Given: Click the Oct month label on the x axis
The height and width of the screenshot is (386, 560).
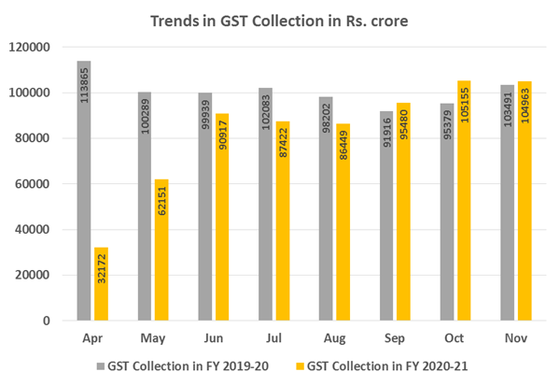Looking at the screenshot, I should point(455,335).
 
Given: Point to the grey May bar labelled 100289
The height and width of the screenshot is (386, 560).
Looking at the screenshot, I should point(145,207).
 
